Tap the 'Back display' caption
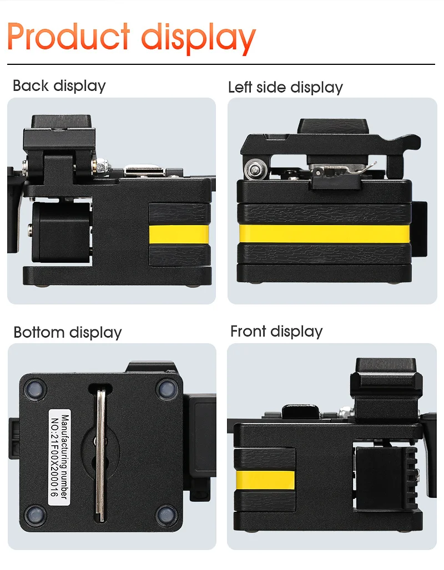point(59,85)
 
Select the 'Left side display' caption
point(285,87)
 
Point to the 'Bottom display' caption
point(67,332)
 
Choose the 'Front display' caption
point(276,331)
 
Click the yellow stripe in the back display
point(179,235)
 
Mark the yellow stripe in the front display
point(265,480)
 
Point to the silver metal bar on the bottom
point(100,455)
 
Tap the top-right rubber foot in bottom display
point(165,388)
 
